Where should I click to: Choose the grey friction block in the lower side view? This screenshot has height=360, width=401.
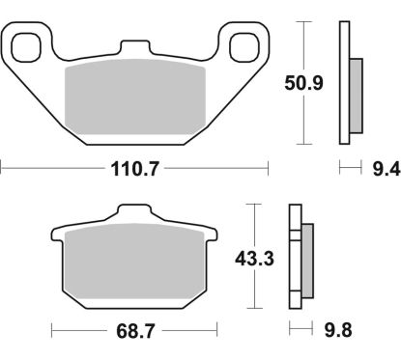coord(308,262)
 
